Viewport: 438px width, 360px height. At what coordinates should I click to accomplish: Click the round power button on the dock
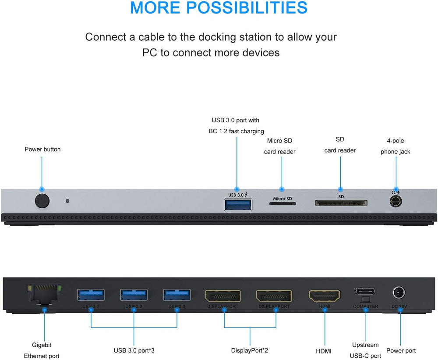42,201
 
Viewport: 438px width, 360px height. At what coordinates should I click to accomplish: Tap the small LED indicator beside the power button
67,201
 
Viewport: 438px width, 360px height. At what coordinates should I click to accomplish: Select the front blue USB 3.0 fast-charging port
238,204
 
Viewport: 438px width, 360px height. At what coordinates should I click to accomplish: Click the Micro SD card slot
283,204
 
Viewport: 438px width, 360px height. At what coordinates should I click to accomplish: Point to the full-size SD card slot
341,203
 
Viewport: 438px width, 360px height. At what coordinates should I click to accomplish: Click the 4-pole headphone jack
396,202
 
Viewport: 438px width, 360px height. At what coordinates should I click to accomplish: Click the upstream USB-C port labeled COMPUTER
365,292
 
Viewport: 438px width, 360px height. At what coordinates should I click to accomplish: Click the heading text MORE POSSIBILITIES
219,8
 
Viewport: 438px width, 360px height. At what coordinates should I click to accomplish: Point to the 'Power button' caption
42,150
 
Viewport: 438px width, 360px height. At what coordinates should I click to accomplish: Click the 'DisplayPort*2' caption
250,351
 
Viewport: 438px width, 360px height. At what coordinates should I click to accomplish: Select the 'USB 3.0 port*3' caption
134,351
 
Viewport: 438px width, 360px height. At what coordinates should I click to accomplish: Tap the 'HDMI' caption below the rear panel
324,351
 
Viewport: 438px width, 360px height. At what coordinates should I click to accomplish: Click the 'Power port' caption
401,351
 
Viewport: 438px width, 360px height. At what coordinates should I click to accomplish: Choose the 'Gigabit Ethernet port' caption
42,350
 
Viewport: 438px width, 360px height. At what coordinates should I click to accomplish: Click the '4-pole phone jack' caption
396,146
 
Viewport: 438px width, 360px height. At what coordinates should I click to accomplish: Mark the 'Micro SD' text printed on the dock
283,199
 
